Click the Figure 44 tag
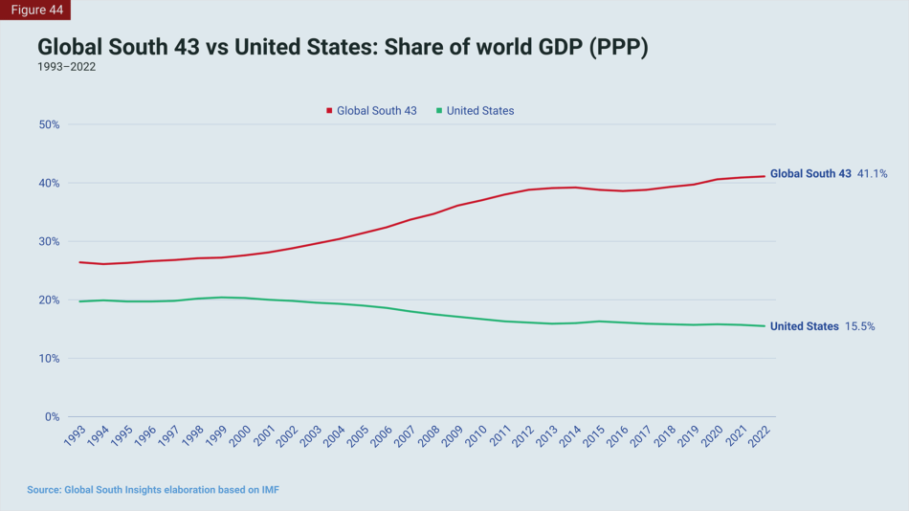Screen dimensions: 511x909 (36, 10)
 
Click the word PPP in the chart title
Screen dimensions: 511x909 (618, 48)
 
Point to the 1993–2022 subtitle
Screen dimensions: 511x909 (66, 67)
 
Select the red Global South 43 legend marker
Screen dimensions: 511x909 (329, 111)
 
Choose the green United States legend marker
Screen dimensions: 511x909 (439, 111)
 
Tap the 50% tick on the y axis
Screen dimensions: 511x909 (49, 124)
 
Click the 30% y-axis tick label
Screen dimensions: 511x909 (49, 241)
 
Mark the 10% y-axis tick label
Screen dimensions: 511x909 (49, 359)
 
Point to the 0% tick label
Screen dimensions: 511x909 (52, 417)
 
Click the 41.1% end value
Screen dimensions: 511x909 (872, 174)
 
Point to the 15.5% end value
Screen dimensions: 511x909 (859, 326)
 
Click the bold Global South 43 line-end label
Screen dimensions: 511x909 (809, 174)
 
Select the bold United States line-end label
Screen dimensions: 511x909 (804, 326)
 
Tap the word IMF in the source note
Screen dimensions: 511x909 (269, 490)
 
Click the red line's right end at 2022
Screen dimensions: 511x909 (764, 176)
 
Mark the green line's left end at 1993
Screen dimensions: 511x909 (79, 301)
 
